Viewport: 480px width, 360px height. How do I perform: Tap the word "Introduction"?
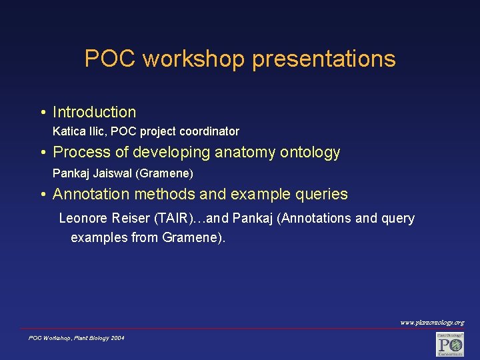tap(94, 112)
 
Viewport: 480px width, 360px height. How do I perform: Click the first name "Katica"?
tap(69, 131)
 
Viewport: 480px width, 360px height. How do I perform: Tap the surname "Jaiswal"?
tap(113, 173)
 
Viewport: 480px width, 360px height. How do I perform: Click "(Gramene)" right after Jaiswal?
tap(164, 173)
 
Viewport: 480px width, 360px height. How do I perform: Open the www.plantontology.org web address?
tap(432, 323)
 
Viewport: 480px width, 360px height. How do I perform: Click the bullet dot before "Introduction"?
tap(42, 113)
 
